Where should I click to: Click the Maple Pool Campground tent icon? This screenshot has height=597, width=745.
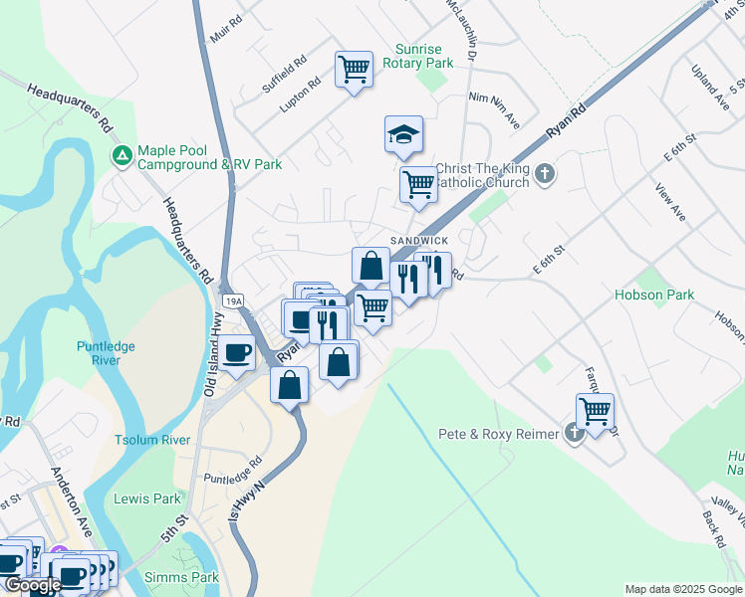point(122,156)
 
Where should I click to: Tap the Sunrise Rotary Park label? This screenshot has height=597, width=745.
point(424,55)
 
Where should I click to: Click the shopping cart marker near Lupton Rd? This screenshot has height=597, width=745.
point(354,70)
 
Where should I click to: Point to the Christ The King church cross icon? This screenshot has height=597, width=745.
point(544,174)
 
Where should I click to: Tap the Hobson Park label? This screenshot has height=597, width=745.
point(654,295)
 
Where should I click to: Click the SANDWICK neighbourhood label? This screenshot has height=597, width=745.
point(419,242)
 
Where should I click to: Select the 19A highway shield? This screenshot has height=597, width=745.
point(233,299)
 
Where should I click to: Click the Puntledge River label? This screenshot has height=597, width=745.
point(106,353)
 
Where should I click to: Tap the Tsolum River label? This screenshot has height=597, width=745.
point(152,440)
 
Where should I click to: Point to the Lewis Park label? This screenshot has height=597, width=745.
point(147,498)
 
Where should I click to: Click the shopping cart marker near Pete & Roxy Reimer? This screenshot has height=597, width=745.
point(595,411)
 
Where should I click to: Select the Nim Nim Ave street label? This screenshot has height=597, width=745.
point(495,108)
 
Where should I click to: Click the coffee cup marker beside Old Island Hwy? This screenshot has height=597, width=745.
point(238,352)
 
